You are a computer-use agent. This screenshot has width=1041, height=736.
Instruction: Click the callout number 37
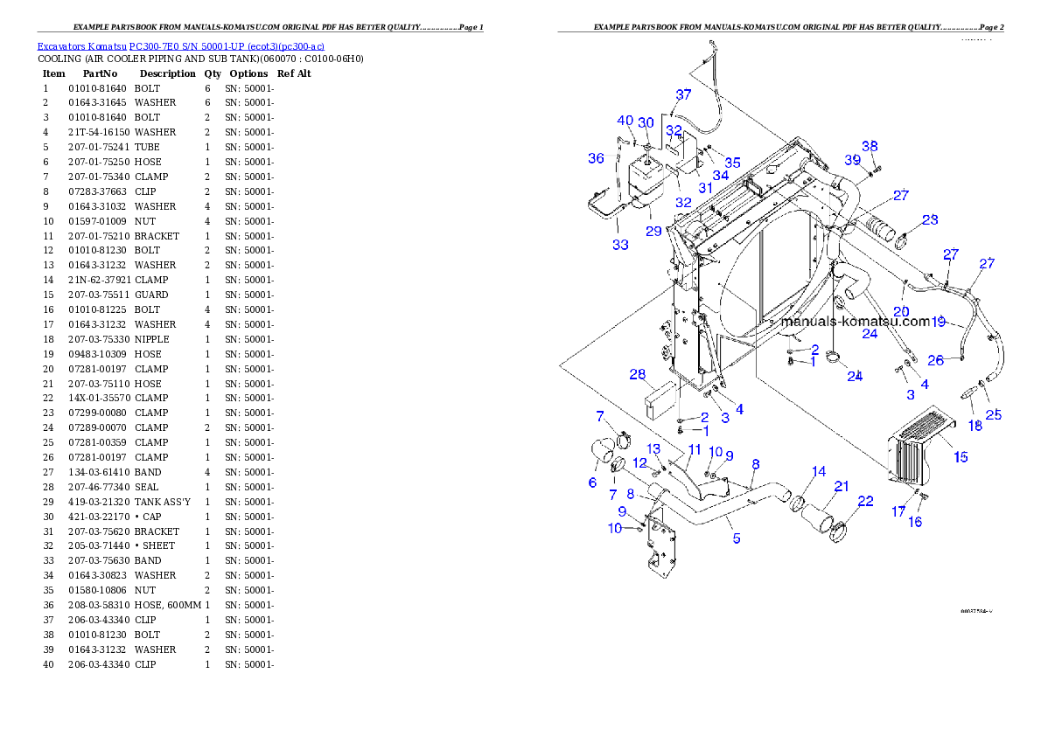(x=683, y=94)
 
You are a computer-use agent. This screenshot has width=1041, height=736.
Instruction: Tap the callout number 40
(x=625, y=121)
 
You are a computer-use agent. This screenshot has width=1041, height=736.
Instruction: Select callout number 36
(x=596, y=158)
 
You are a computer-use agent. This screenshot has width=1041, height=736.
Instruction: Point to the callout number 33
(x=620, y=245)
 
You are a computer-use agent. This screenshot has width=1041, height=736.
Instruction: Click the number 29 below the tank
(x=653, y=231)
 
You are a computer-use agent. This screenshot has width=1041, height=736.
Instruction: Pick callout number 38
(x=870, y=146)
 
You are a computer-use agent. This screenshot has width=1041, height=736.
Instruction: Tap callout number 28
(x=637, y=374)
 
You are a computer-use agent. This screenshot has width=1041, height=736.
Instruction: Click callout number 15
(x=961, y=456)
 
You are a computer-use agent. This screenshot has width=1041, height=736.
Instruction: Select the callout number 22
(x=865, y=501)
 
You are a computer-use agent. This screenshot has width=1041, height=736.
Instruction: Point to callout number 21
(x=841, y=486)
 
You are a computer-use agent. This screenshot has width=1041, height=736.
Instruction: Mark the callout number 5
(x=737, y=538)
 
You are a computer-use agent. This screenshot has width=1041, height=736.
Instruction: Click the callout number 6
(x=592, y=483)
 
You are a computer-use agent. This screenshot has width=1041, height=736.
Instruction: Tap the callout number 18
(x=975, y=426)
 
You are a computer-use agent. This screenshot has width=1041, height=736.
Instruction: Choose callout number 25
(x=994, y=414)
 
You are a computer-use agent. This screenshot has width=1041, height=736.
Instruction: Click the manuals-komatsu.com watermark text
(x=855, y=321)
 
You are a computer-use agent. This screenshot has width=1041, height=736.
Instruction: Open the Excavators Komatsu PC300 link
(x=180, y=46)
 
